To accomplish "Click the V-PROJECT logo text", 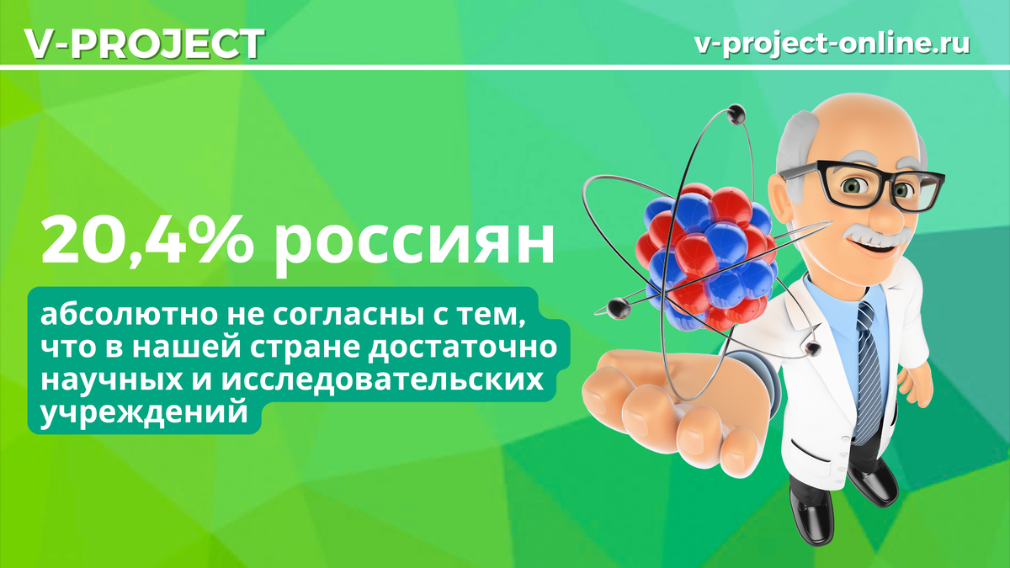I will (x=144, y=43).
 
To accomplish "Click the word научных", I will (x=109, y=383).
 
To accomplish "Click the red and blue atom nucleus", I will (x=707, y=252).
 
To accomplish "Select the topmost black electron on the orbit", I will (x=736, y=112).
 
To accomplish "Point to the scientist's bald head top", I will (x=842, y=118).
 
